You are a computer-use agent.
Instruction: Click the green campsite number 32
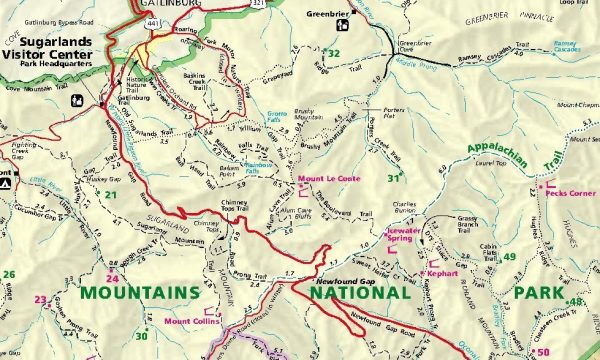pos(334,53)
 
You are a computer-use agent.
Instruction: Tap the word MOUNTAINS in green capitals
pos(140,292)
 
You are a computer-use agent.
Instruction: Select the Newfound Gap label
pos(338,282)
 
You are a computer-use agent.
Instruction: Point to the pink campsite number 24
pos(113,278)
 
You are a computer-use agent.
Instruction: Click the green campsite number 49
pos(509,257)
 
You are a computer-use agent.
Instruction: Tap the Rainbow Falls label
pos(258,166)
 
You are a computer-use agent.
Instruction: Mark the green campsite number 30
pos(141,335)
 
